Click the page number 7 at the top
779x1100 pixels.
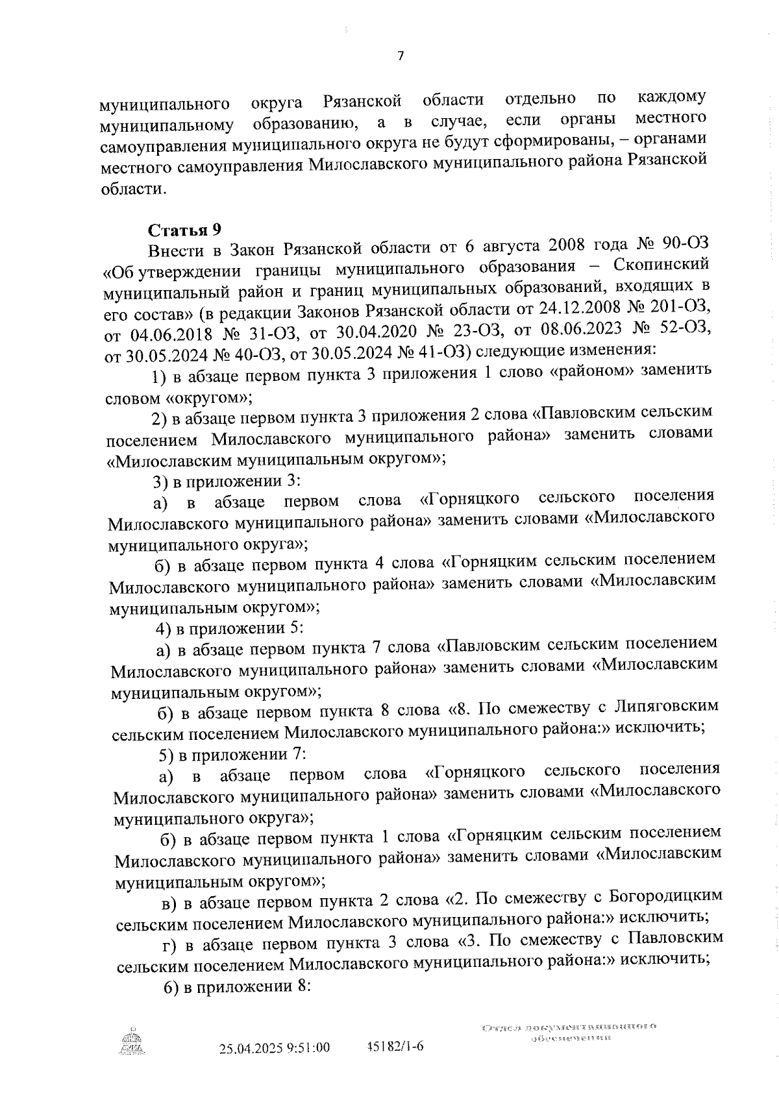point(401,56)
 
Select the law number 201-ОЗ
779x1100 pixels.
point(689,307)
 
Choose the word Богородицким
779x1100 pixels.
point(665,896)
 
